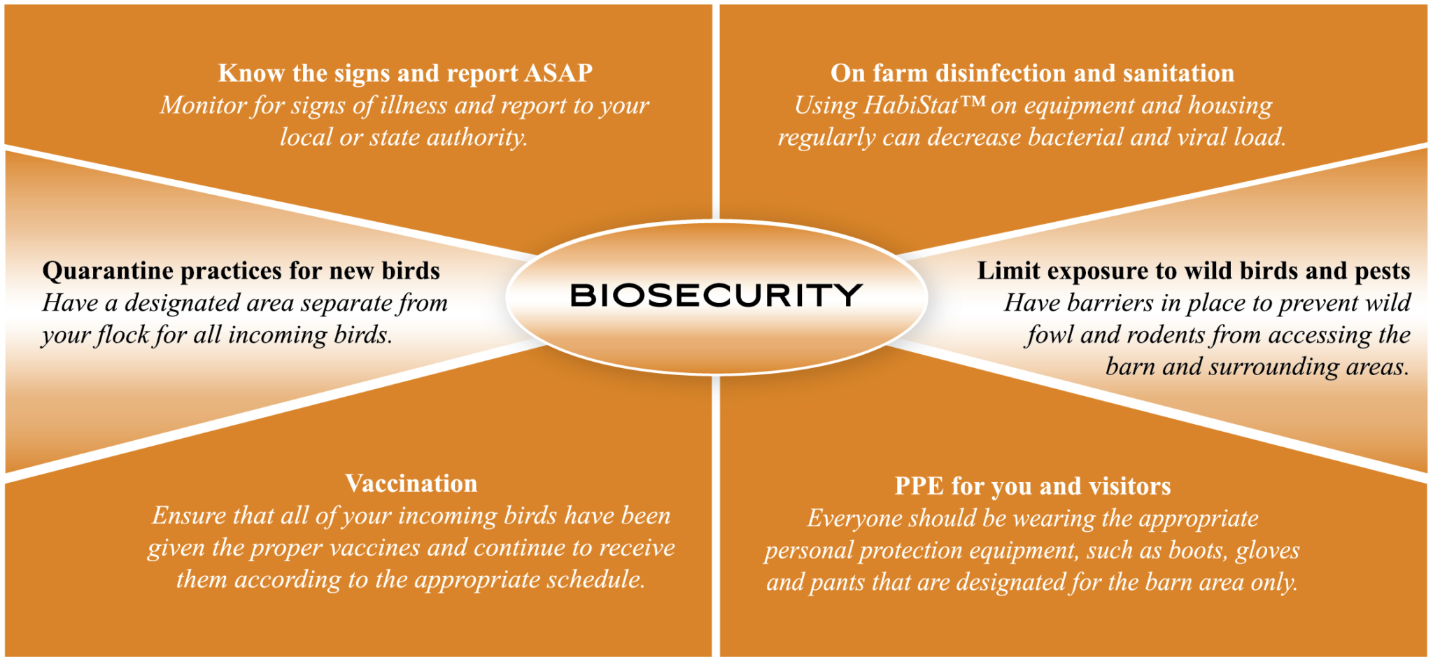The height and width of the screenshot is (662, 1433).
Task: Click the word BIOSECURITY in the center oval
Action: coord(716,295)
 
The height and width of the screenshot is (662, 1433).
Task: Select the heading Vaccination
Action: coord(411,484)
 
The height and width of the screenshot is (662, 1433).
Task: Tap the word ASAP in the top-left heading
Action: coord(558,73)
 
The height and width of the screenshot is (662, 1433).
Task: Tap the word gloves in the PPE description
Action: coord(1267,550)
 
